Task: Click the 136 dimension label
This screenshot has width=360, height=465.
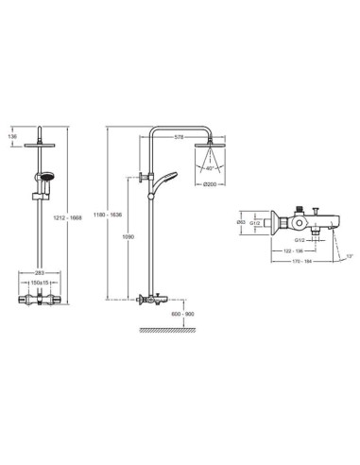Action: [x=11, y=136]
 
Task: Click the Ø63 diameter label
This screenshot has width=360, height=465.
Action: [x=243, y=222]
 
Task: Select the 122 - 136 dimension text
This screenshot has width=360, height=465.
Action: [x=295, y=251]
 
